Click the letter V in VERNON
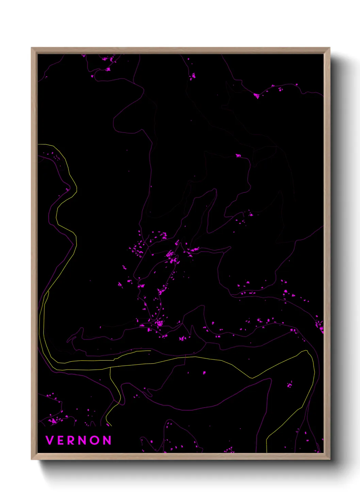(x=49, y=440)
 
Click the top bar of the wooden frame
(x=180, y=50)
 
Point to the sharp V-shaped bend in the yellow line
(x=252, y=378)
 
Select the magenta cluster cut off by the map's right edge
(x=320, y=325)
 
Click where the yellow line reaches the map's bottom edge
(x=266, y=452)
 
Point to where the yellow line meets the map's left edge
(x=38, y=145)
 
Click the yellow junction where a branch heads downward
(x=110, y=368)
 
